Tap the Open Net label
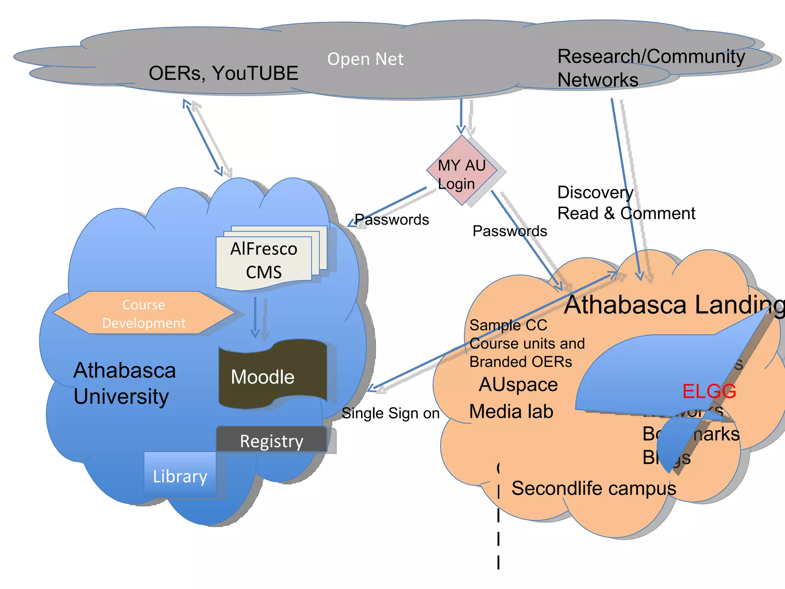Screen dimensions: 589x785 pos(365,59)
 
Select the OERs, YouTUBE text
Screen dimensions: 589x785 pos(223,73)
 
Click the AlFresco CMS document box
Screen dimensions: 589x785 pos(264,260)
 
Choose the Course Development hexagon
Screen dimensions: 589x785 pos(144,313)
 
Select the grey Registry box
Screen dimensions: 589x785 pos(271,440)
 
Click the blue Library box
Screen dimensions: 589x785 pos(180,475)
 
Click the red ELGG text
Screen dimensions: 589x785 pos(709,391)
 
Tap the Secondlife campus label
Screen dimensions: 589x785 pos(593,488)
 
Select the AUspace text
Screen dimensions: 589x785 pos(518,384)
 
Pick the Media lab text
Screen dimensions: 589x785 pos(511,411)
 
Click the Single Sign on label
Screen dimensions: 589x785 pos(390,413)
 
